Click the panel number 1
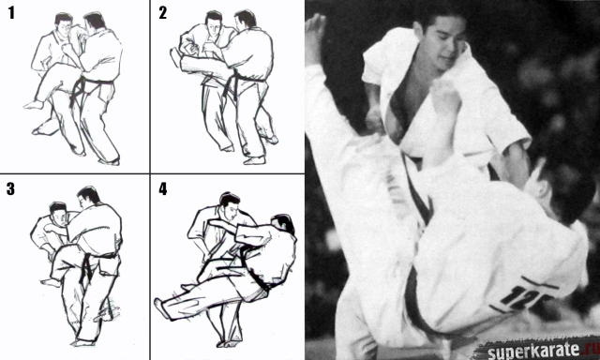(11, 12)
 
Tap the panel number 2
(162, 12)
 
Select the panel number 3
(10, 188)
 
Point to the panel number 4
(163, 188)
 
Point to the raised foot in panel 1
(34, 104)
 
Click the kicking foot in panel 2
(175, 56)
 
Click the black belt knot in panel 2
(232, 81)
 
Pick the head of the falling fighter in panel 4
(282, 223)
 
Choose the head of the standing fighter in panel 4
(229, 204)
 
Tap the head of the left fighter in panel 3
(58, 215)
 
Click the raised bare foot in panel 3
(50, 283)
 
